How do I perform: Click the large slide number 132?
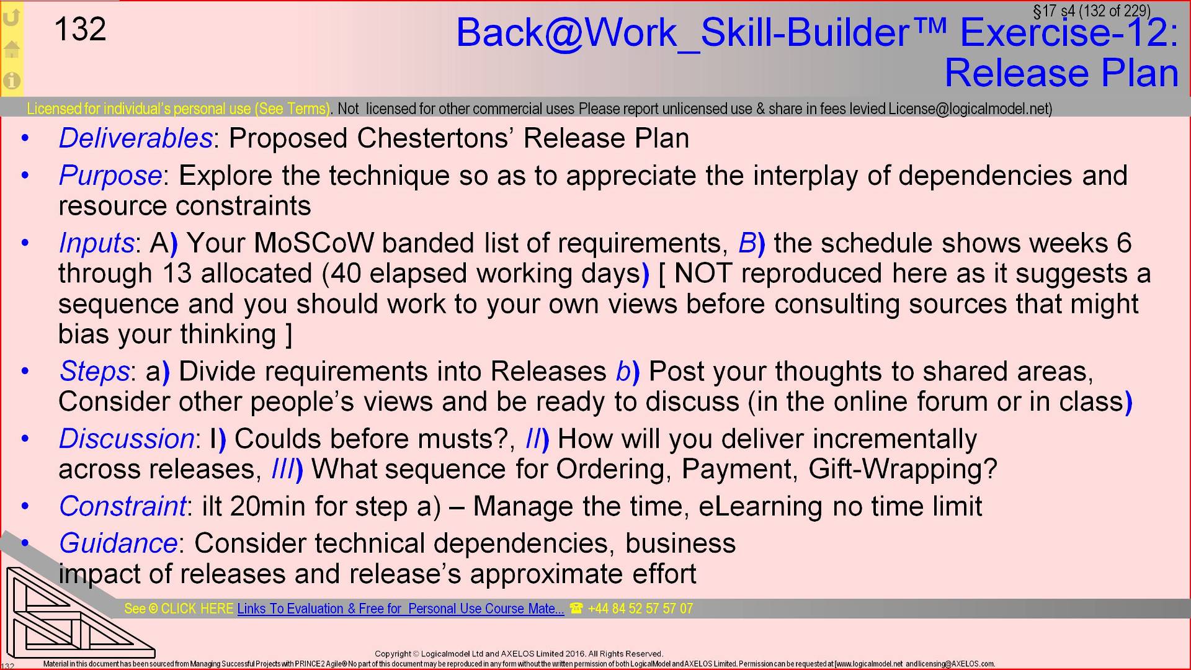click(x=80, y=29)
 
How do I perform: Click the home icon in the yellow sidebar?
click(x=12, y=49)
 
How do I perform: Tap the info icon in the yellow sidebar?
click(x=12, y=81)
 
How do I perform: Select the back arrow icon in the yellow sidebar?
click(x=12, y=18)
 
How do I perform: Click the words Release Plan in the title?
click(x=1061, y=73)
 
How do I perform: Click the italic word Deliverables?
click(x=135, y=138)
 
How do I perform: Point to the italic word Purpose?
click(x=110, y=176)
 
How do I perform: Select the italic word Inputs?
click(x=96, y=243)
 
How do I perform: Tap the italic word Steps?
click(x=94, y=371)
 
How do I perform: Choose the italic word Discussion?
click(x=127, y=439)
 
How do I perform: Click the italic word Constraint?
click(x=122, y=506)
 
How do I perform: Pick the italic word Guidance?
click(x=118, y=543)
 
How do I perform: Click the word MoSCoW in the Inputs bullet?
click(x=314, y=243)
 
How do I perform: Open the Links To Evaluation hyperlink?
click(x=400, y=609)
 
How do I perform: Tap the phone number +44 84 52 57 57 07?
click(x=640, y=609)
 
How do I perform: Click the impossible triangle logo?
click(x=74, y=614)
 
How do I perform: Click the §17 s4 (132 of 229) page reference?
click(x=1091, y=11)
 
